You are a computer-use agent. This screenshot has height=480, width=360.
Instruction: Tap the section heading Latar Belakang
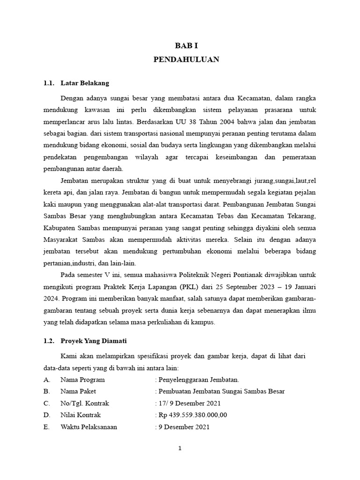[x=84, y=83]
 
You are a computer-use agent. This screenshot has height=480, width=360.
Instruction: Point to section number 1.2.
[x=49, y=341]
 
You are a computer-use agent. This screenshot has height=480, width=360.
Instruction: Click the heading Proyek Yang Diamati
[x=93, y=341]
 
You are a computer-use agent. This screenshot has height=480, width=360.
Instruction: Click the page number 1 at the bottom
[x=180, y=448]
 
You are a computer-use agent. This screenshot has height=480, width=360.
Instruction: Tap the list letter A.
[x=46, y=379]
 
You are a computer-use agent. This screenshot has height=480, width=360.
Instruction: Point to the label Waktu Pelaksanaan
[x=89, y=427]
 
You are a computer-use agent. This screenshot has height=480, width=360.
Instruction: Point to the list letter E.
[x=46, y=427]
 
